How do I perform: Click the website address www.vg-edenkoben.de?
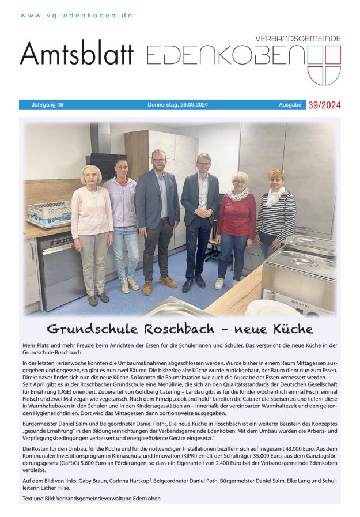coord(77,16)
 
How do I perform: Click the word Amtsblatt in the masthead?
coord(77,54)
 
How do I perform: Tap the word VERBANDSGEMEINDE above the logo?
coord(298,39)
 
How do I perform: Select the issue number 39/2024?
coord(324,105)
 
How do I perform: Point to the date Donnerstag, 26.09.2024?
coord(177,105)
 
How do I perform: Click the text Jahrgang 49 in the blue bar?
coord(47,105)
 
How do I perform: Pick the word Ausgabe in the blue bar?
coord(290,105)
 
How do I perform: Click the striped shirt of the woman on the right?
coord(276,216)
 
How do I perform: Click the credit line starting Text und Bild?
coord(91,498)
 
